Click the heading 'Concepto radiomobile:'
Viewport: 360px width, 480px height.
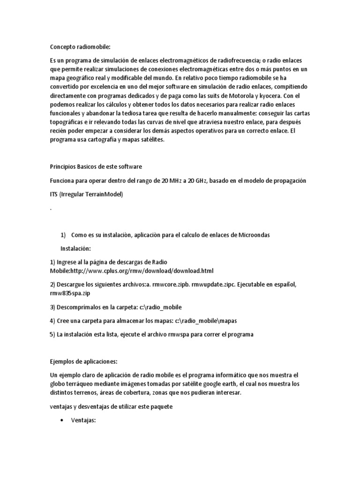point(80,46)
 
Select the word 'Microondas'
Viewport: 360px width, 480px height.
point(253,234)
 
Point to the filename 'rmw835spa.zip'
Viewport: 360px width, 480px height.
point(70,293)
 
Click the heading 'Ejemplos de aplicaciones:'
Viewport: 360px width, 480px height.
point(83,361)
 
